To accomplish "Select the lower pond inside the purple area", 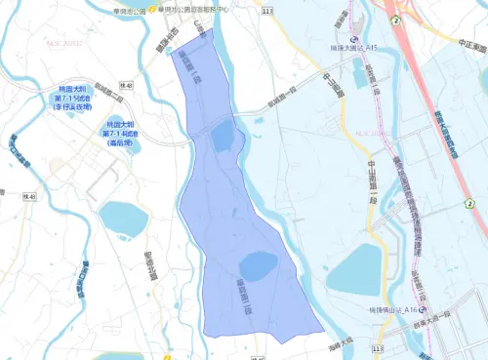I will click(x=257, y=265).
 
